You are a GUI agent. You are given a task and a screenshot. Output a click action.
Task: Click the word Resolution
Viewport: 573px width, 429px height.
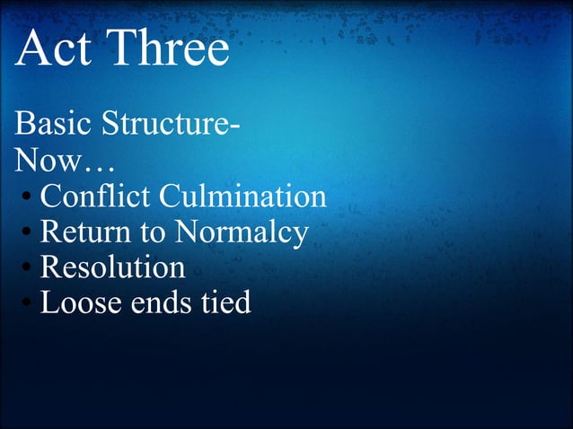113,267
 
